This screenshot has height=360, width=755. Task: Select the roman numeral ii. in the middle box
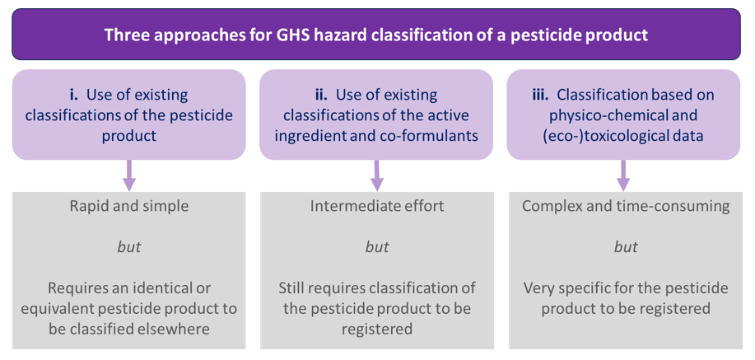coord(321,95)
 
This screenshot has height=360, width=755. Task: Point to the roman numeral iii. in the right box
coord(541,95)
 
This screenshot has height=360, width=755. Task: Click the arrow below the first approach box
coord(129,175)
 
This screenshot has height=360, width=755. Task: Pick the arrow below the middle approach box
coord(376,175)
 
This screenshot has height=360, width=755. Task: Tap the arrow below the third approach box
coord(623,175)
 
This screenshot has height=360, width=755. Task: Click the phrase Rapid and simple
coord(129,206)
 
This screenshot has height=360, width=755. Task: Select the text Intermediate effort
coord(377,206)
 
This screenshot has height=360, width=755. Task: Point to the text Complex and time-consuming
coord(626,207)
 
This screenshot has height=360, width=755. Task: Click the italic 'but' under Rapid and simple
coord(129,247)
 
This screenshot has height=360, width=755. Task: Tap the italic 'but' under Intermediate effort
coord(377,247)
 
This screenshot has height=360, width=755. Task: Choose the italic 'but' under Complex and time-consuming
coord(626,247)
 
